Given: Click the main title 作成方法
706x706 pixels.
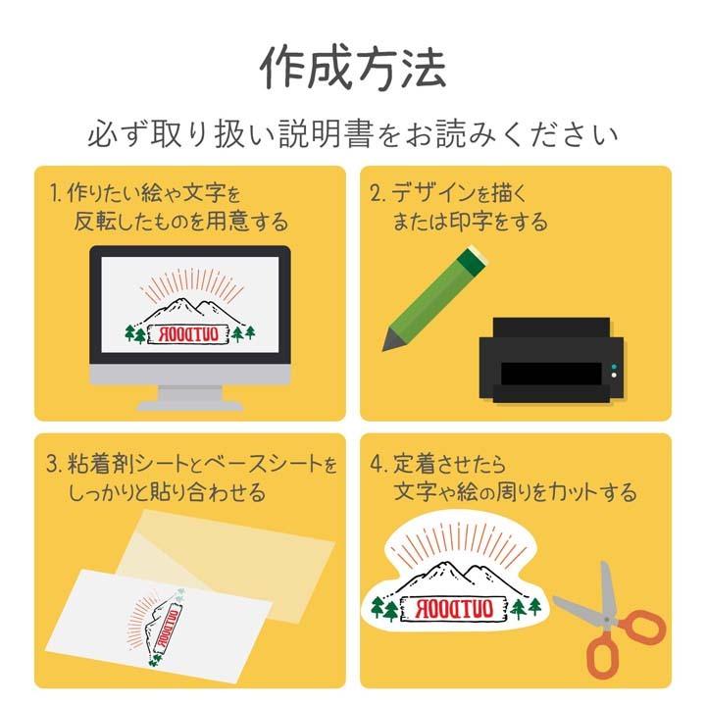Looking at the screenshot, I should [x=353, y=67].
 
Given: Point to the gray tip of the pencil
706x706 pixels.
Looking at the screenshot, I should [x=392, y=340].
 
